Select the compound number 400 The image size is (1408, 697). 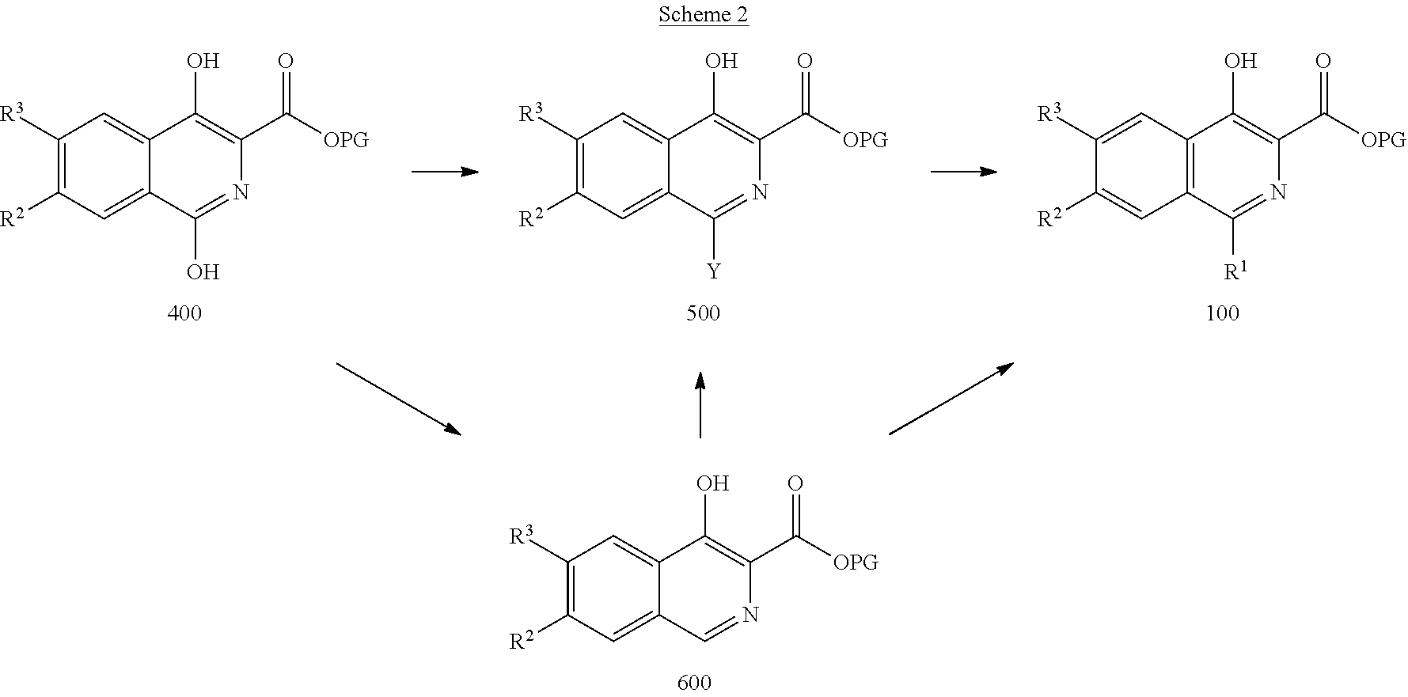click(184, 313)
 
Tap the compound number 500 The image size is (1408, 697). click(704, 313)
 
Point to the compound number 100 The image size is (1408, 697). click(1223, 313)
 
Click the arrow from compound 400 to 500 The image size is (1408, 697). click(445, 171)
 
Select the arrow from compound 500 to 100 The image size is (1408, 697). click(963, 171)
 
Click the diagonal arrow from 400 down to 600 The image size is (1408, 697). click(398, 398)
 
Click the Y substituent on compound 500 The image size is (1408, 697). click(714, 272)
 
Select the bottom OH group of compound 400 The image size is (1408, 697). click(203, 272)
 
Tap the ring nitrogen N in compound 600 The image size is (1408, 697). click(750, 614)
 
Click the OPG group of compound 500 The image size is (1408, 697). click(865, 141)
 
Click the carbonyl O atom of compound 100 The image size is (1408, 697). click(1323, 61)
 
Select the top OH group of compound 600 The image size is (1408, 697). click(712, 483)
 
